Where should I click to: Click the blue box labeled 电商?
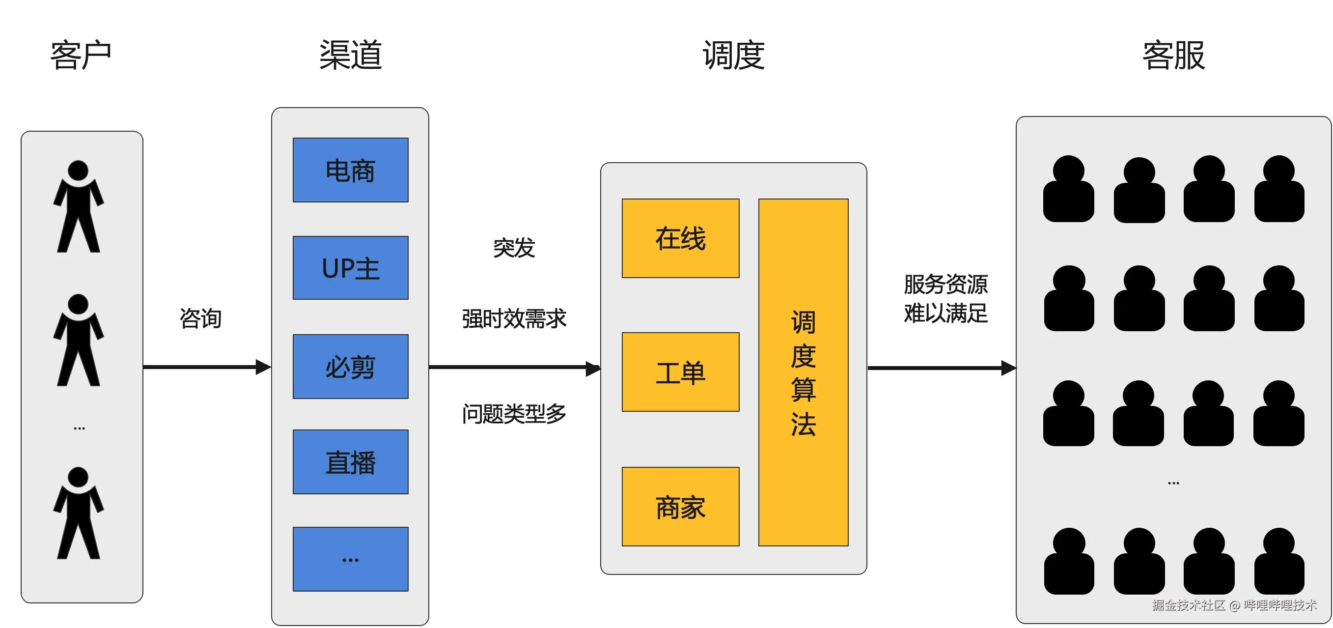coord(350,170)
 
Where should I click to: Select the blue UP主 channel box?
coord(350,268)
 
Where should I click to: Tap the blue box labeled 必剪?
coord(350,367)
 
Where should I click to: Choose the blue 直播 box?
coord(350,462)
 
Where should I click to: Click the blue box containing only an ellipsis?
coord(350,559)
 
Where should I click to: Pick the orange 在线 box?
coord(680,238)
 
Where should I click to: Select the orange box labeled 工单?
coord(680,371)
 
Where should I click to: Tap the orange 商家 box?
coord(680,506)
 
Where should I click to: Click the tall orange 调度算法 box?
coord(803,372)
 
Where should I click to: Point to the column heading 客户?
coord(81,55)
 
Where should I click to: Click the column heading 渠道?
coord(350,55)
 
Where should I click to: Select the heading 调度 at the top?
coord(733,55)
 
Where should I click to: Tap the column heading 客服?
coord(1174,55)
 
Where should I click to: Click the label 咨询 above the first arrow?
coord(200,318)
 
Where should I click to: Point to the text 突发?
coord(514,248)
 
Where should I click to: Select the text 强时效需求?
coord(514,318)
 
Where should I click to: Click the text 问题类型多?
coord(514,414)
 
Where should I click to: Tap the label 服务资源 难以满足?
coord(945,299)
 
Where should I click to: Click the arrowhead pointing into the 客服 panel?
coord(1008,368)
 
